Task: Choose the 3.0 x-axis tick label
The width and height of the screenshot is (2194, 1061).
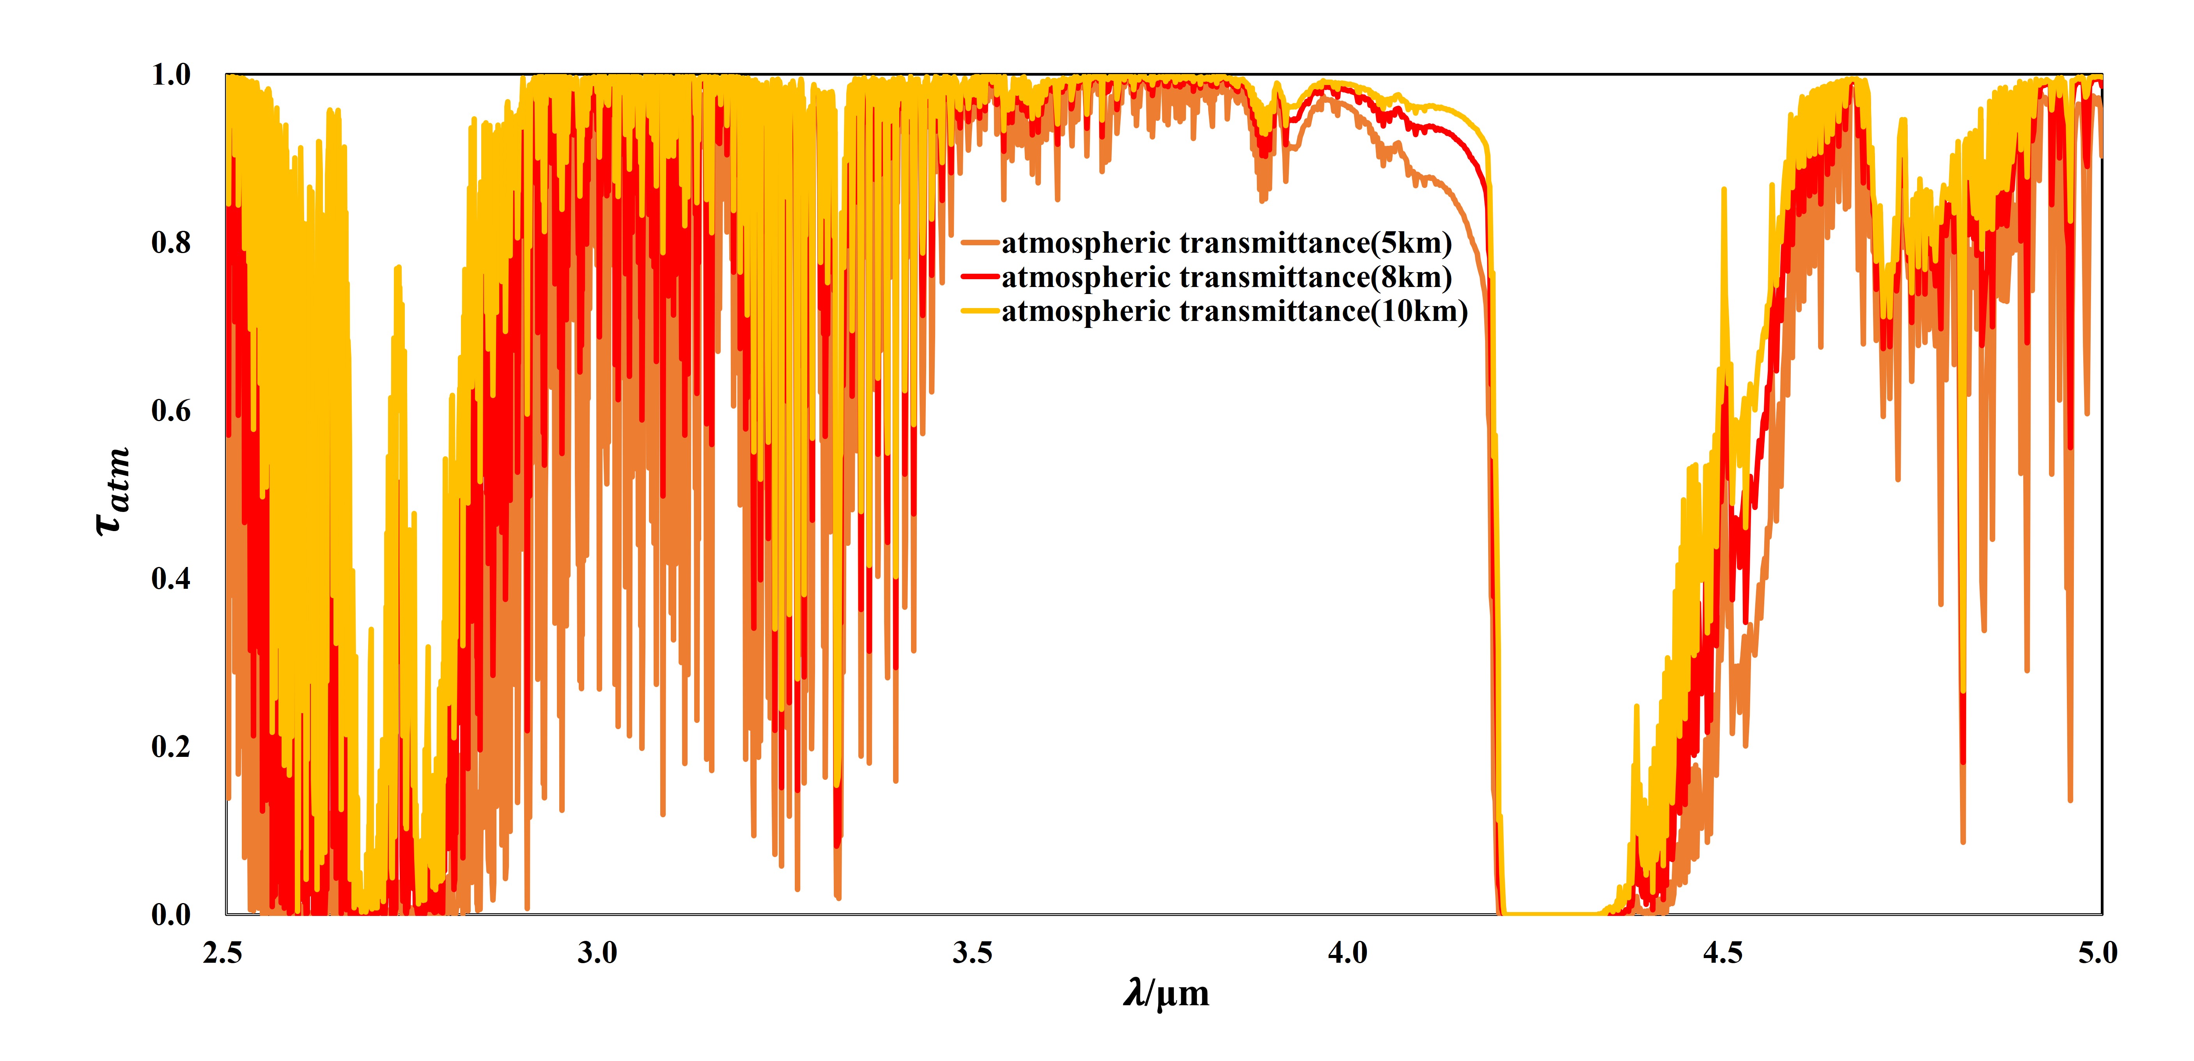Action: tap(597, 953)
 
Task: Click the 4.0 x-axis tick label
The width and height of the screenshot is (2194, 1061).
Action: tap(1347, 953)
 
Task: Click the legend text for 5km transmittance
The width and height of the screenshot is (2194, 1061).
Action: tap(1226, 244)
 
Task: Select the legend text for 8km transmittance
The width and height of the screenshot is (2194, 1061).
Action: tap(1226, 278)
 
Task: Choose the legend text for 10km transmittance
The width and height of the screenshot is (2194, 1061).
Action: tap(1235, 312)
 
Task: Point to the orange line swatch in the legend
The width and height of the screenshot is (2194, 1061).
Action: tap(980, 244)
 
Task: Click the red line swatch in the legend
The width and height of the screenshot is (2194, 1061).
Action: tap(980, 277)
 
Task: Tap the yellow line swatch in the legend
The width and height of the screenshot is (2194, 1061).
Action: tap(980, 311)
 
